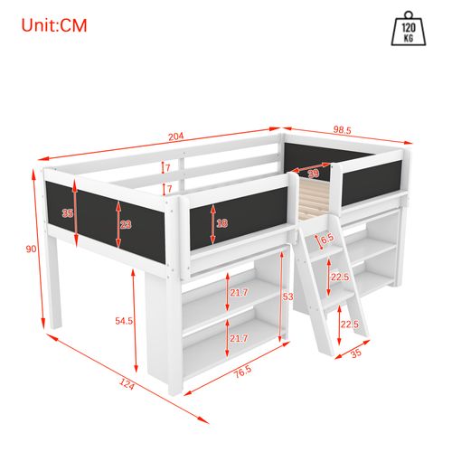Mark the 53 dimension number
(x=288, y=297)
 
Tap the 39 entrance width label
(x=312, y=174)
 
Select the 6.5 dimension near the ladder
(x=327, y=238)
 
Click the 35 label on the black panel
(x=67, y=214)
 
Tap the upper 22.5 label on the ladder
(x=340, y=278)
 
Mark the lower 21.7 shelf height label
(x=240, y=337)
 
